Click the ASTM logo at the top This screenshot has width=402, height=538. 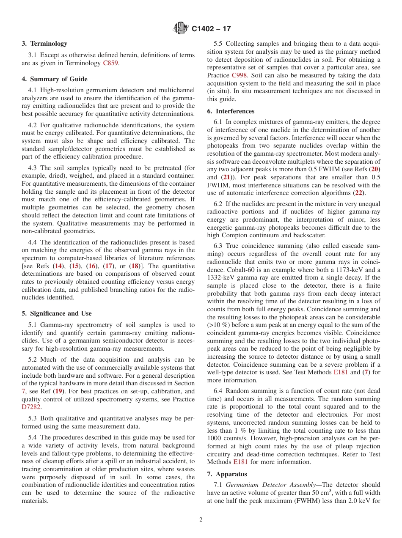[181, 29]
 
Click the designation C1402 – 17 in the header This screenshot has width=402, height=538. [211, 29]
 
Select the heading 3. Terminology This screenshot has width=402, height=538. [44, 44]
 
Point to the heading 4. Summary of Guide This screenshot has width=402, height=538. [55, 79]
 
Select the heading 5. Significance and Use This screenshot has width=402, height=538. [57, 313]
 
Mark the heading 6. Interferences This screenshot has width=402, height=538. [231, 111]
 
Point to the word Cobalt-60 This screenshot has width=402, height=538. [237, 270]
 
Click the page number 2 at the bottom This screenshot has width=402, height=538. [201, 520]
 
